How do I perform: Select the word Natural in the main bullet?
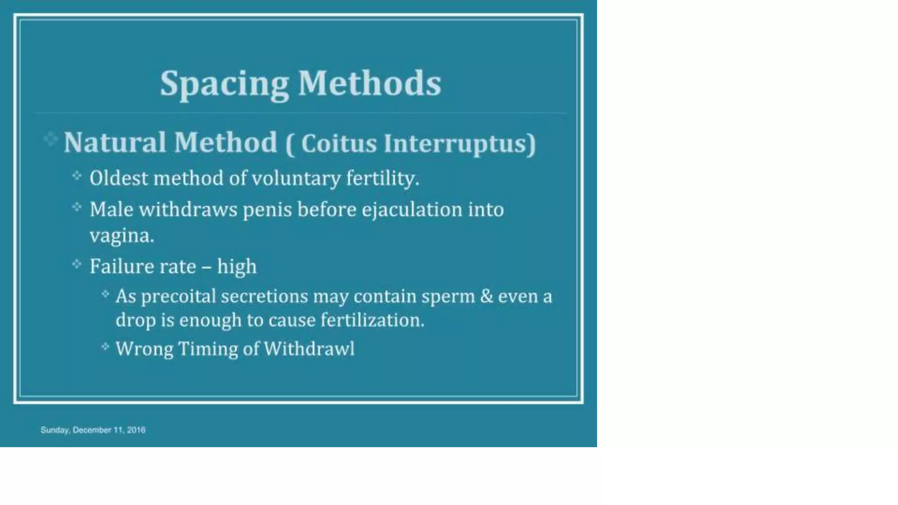[115, 142]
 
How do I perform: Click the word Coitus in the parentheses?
[339, 143]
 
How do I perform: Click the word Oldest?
[118, 178]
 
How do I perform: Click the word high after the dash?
[237, 267]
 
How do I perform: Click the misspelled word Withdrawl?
[309, 349]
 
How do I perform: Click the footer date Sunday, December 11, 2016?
[93, 430]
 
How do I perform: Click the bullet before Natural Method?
[50, 139]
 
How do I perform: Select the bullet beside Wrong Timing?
[105, 347]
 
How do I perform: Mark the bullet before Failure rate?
[77, 264]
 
